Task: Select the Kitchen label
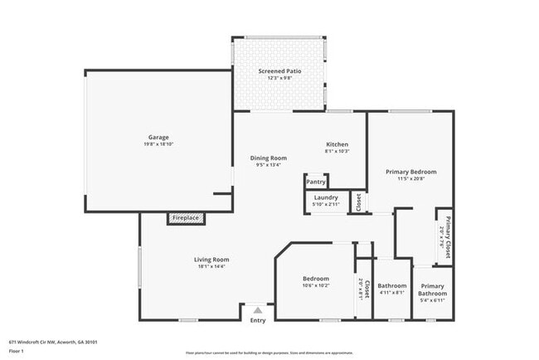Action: (x=336, y=144)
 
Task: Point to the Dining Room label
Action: (x=269, y=158)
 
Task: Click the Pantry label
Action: (x=315, y=182)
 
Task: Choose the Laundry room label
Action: (x=325, y=197)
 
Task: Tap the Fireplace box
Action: (x=186, y=218)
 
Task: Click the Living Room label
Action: (x=211, y=260)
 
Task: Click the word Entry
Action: (x=258, y=320)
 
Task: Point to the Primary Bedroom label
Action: (x=410, y=172)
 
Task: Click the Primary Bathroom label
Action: (x=432, y=289)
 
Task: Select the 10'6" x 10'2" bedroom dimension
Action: (x=315, y=285)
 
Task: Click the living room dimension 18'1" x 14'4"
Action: (x=211, y=266)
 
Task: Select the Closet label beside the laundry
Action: (x=358, y=202)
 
